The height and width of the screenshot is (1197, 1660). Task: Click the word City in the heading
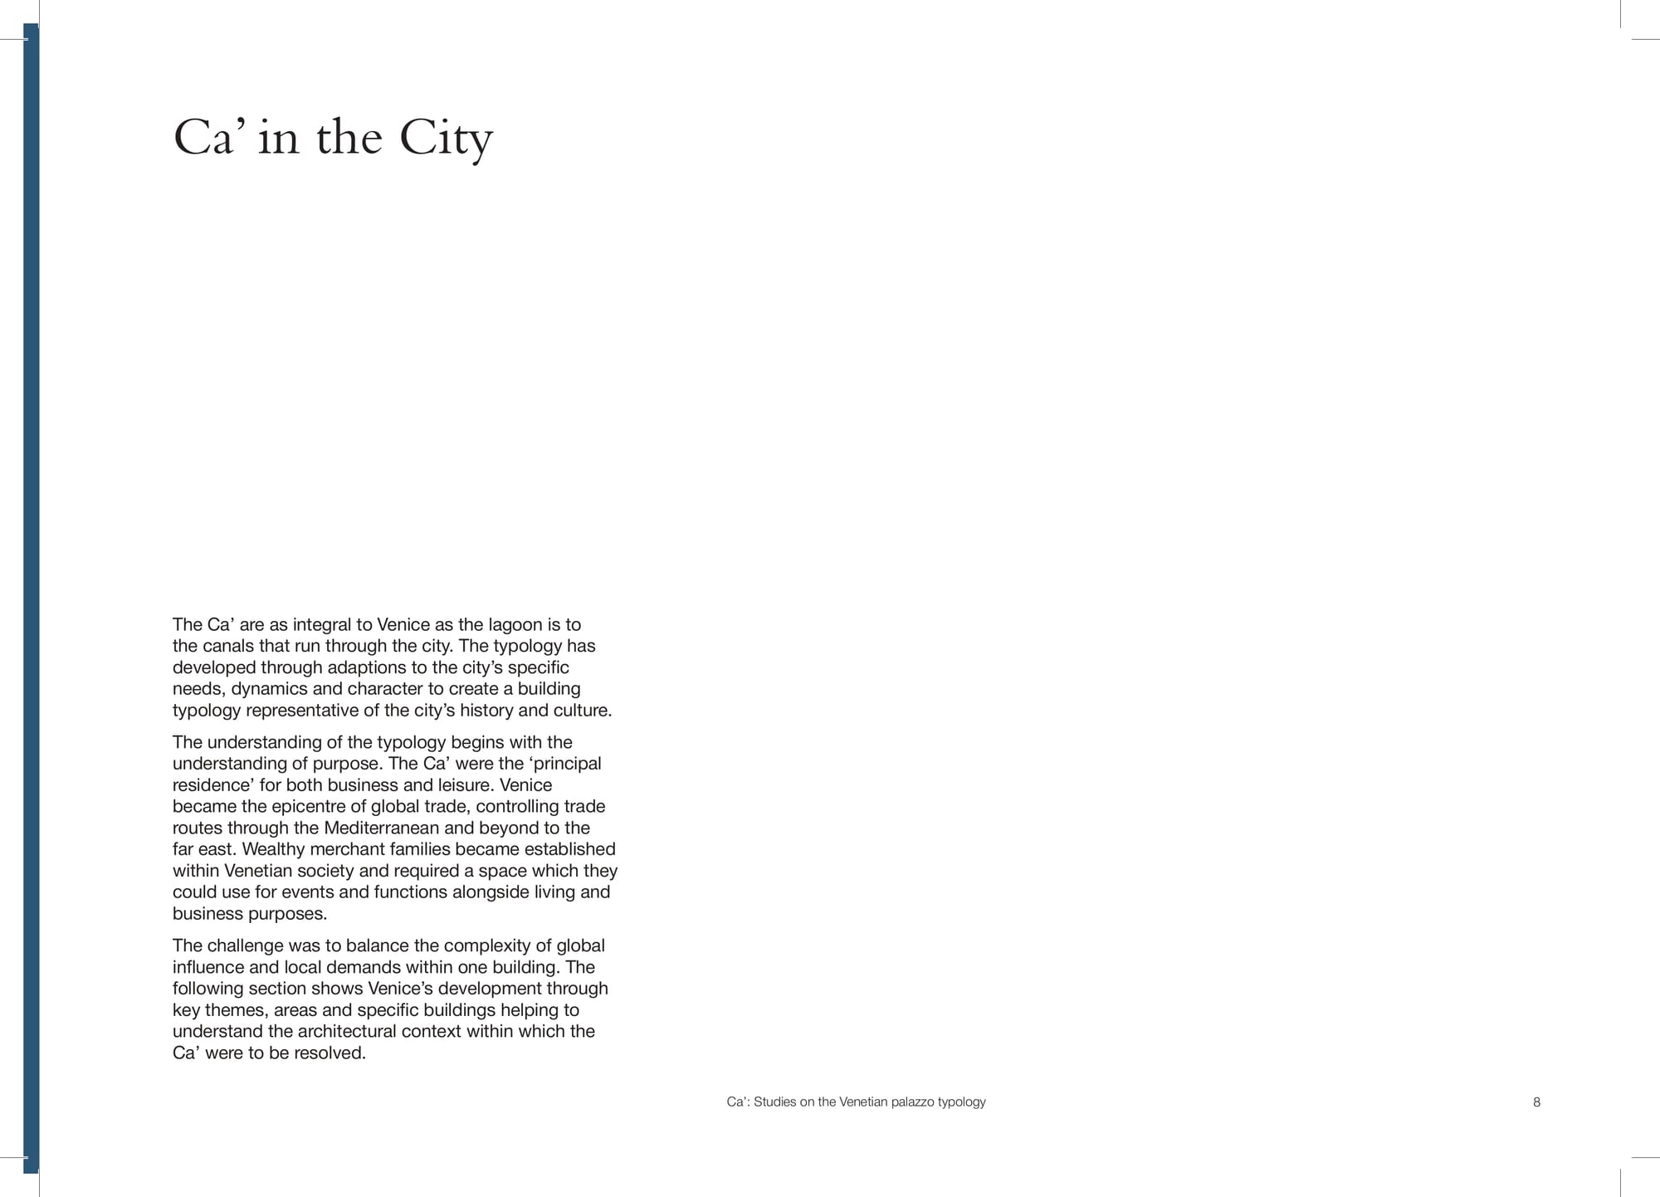click(x=446, y=138)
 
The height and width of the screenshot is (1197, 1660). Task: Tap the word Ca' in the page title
click(x=204, y=138)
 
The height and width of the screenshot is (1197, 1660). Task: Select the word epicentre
click(x=310, y=806)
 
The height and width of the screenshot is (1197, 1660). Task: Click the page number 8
click(x=1536, y=1102)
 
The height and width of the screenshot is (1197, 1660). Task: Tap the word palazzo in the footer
click(x=912, y=1102)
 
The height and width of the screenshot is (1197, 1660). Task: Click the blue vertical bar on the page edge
click(x=31, y=598)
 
